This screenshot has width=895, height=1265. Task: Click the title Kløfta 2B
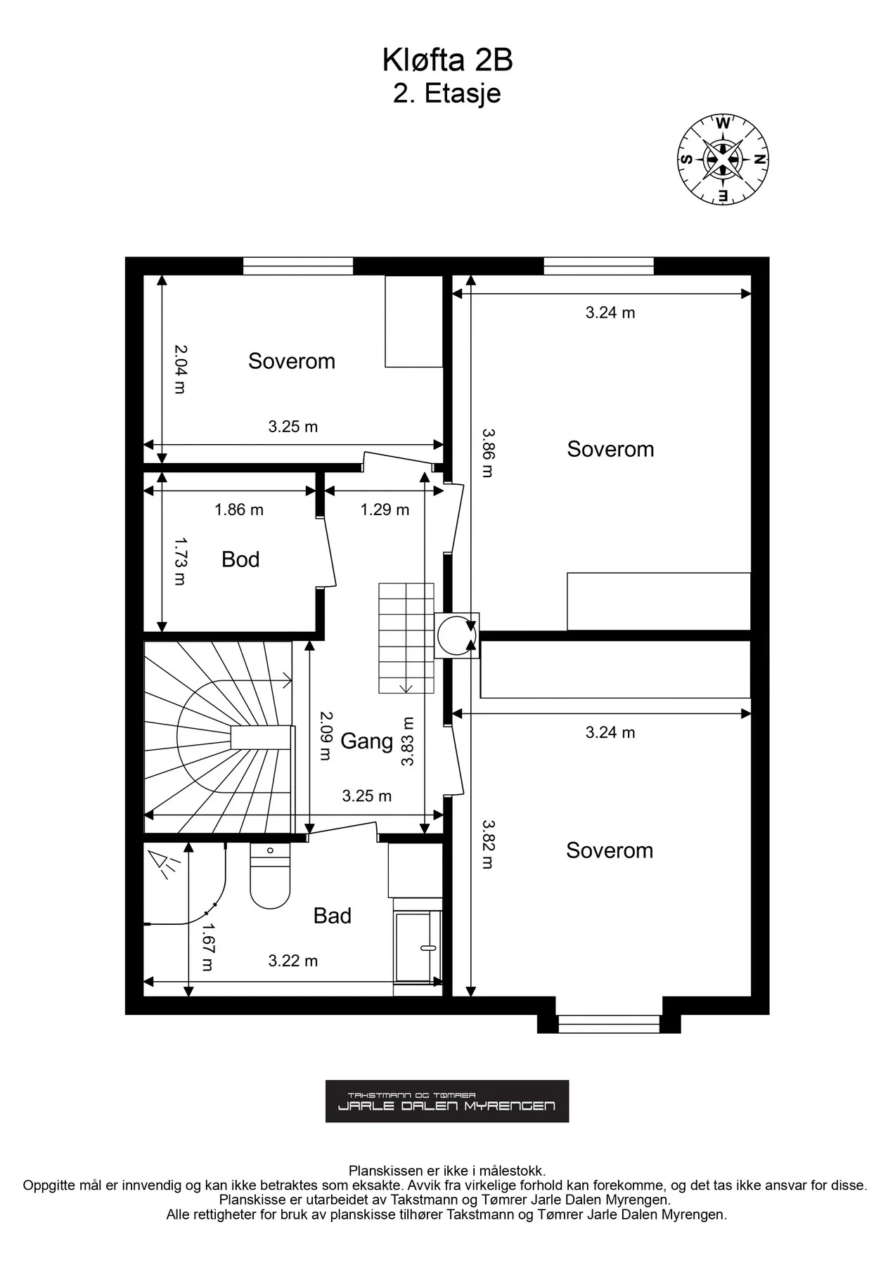coord(447,61)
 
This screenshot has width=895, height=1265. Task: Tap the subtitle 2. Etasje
coord(447,93)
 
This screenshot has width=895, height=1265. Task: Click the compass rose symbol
coord(723,159)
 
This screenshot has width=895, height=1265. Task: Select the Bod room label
coord(240,559)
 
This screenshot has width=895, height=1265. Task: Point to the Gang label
coord(366,741)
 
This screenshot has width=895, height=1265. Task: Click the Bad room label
coord(332,916)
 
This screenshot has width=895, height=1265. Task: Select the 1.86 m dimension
coord(239,510)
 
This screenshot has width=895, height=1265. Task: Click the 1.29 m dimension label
coord(385,510)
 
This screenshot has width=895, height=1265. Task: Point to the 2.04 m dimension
coord(180,369)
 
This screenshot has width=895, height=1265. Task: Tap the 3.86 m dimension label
coord(487,453)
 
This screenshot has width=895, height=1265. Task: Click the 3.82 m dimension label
coord(487,845)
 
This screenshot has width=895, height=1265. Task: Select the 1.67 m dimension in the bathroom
coord(207,947)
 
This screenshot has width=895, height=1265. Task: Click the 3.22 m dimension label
coord(293,961)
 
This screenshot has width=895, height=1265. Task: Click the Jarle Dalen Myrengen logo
coord(447,1101)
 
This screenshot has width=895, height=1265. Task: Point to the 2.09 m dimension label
coord(325,736)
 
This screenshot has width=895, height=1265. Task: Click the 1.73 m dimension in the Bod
coord(180,562)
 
